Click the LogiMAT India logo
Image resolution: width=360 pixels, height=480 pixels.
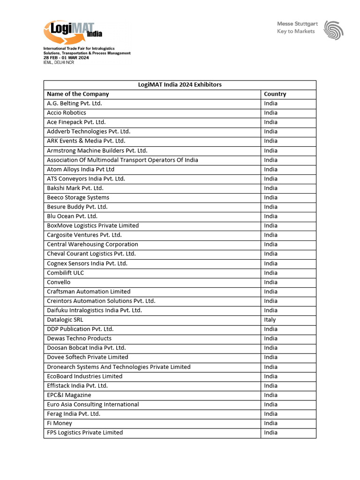[72, 32]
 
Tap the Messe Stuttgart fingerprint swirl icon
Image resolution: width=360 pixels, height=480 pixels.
[333, 30]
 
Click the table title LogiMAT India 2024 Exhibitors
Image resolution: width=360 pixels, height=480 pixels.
[180, 85]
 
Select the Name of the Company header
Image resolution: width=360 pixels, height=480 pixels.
[78, 94]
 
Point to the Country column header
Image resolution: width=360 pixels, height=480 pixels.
[275, 94]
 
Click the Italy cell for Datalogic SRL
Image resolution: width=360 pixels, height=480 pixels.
[270, 320]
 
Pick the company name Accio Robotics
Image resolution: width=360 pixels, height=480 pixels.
[67, 113]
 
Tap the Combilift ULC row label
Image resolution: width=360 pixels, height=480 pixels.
[66, 273]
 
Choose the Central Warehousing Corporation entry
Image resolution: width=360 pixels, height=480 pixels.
[92, 244]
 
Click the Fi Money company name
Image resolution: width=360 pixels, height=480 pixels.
[60, 423]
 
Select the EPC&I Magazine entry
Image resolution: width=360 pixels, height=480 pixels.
[69, 395]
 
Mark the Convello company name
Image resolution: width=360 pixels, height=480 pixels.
[59, 282]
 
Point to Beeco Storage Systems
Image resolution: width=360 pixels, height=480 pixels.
[78, 197]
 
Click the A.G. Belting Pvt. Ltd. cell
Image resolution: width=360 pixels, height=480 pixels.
[74, 104]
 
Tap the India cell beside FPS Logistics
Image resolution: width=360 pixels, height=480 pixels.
[270, 433]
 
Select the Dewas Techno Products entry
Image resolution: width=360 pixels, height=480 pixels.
[79, 338]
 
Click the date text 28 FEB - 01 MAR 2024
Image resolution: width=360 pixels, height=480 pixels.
[66, 58]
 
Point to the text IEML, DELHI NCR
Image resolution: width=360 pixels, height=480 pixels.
[59, 62]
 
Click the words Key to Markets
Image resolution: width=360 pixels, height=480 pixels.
[296, 31]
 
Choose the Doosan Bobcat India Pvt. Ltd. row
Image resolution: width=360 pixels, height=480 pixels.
[86, 348]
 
